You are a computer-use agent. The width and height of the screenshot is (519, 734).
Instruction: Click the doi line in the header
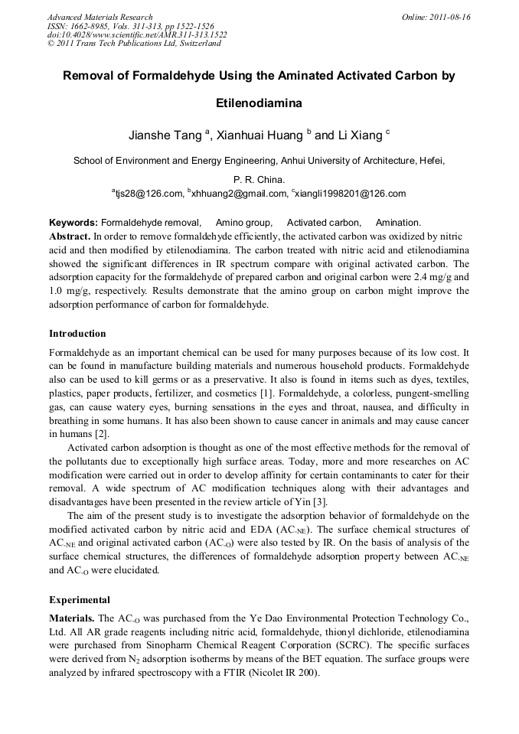tap(137, 34)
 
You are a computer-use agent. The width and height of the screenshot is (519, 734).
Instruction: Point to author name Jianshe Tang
tap(164, 135)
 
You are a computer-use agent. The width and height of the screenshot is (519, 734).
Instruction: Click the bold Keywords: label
tap(73, 222)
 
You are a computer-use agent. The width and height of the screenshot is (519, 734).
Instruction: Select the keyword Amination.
tap(398, 222)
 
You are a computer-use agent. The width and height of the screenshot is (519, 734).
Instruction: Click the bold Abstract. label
tap(70, 237)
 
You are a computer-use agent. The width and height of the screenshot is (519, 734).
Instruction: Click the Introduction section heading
tap(77, 334)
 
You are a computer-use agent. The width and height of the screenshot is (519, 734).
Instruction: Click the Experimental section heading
tap(80, 600)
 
